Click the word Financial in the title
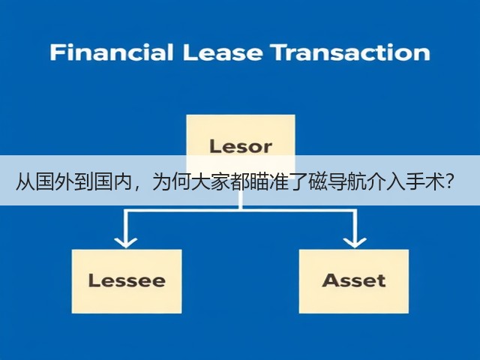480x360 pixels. pyautogui.click(x=112, y=52)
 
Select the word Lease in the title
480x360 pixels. pyautogui.click(x=223, y=52)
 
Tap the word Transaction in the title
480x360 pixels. pyautogui.click(x=351, y=52)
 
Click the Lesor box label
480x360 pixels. pyautogui.click(x=241, y=146)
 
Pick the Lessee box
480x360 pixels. pyautogui.click(x=127, y=281)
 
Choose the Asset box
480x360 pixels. pyautogui.click(x=354, y=281)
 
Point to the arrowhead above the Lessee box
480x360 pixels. pyautogui.click(x=126, y=241)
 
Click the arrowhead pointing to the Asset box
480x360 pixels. pyautogui.click(x=355, y=241)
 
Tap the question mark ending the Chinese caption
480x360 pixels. pyautogui.click(x=449, y=181)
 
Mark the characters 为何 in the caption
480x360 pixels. pyautogui.click(x=172, y=182)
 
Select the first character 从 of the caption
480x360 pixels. pyautogui.click(x=25, y=182)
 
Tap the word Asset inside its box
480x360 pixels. pyautogui.click(x=354, y=280)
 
